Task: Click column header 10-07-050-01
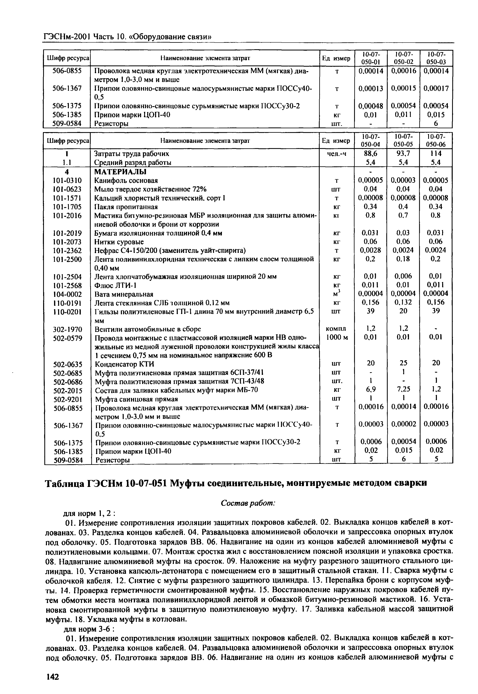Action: (370, 58)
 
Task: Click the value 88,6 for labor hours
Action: (370, 153)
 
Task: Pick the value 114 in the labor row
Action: (436, 153)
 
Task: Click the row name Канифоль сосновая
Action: (126, 181)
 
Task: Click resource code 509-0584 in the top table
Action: (67, 123)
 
